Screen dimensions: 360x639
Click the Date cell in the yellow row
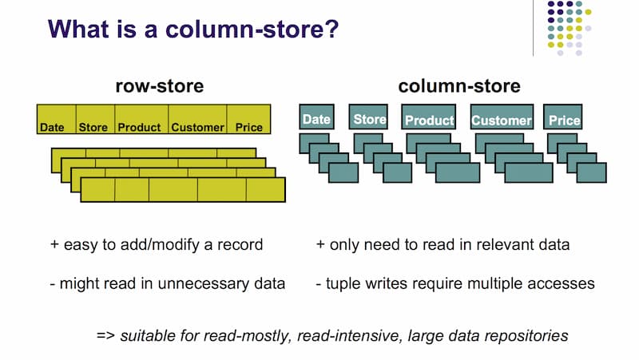click(x=52, y=127)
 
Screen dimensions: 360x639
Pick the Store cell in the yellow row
click(x=93, y=127)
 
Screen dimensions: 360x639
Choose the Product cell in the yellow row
click(x=139, y=127)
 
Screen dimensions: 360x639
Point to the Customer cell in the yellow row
click(x=197, y=127)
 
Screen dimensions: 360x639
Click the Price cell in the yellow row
click(x=248, y=127)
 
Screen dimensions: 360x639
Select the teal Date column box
click(x=316, y=120)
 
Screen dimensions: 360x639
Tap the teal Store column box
click(x=370, y=120)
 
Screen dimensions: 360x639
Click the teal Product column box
click(x=429, y=121)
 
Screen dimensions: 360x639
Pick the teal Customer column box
click(x=501, y=121)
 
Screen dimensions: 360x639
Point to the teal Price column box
click(x=564, y=121)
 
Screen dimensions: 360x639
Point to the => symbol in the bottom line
click(x=105, y=335)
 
